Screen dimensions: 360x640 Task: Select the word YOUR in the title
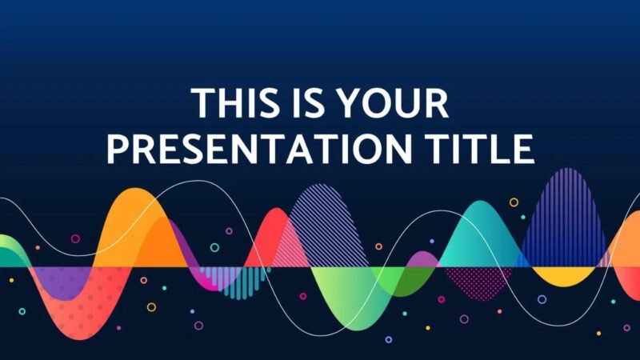(390, 106)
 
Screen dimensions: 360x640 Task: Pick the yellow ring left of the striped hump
(514, 202)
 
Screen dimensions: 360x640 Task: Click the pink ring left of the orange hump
(75, 238)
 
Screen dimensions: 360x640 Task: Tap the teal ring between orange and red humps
(214, 247)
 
